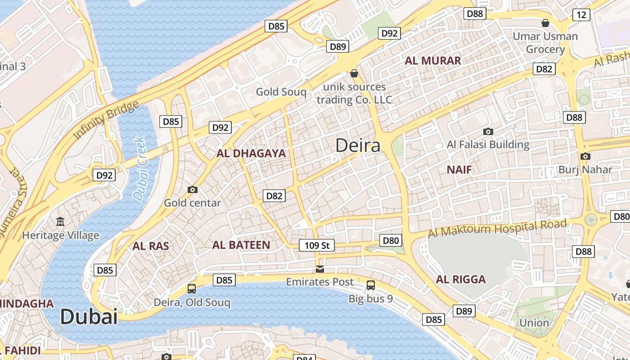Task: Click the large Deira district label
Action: pyautogui.click(x=358, y=145)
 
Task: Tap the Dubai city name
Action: pyautogui.click(x=89, y=316)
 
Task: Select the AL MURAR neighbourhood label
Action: pyautogui.click(x=433, y=61)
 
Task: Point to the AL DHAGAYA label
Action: pyautogui.click(x=251, y=153)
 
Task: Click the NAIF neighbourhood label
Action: pyautogui.click(x=459, y=170)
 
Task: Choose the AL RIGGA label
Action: pyautogui.click(x=461, y=279)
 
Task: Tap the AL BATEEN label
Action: pyautogui.click(x=241, y=245)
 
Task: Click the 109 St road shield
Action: pyautogui.click(x=317, y=245)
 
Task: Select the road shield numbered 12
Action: pyautogui.click(x=581, y=15)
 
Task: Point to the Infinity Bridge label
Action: pyautogui.click(x=106, y=120)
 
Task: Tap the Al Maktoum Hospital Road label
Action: pyautogui.click(x=497, y=228)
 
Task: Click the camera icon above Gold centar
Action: pyautogui.click(x=193, y=190)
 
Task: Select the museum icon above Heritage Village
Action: pyautogui.click(x=60, y=222)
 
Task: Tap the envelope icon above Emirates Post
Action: pyautogui.click(x=320, y=269)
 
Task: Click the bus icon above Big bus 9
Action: pyautogui.click(x=371, y=285)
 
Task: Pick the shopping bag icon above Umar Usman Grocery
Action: pyautogui.click(x=545, y=23)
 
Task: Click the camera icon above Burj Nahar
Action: pyautogui.click(x=585, y=157)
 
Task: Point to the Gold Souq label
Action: pyautogui.click(x=281, y=92)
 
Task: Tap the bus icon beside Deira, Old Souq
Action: pyautogui.click(x=192, y=289)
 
